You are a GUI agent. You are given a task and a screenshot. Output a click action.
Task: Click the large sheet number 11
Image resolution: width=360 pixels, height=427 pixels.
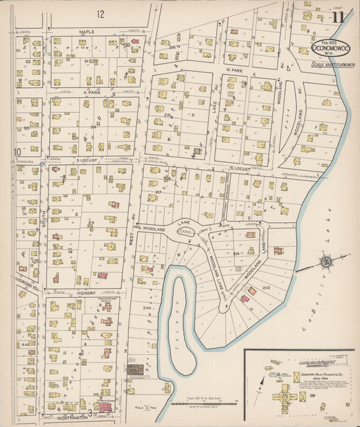click(x=338, y=16)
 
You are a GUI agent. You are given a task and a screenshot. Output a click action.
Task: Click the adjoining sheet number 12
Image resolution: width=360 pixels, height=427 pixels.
click(x=101, y=14)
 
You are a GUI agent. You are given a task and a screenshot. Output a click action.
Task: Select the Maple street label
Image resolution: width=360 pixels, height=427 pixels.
click(x=86, y=31)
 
